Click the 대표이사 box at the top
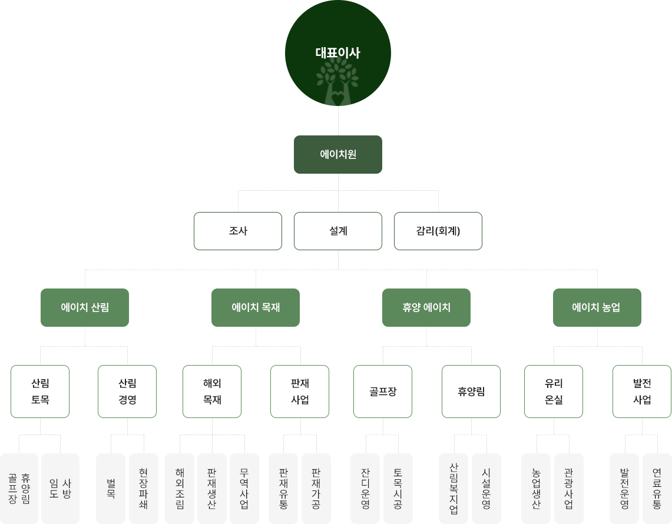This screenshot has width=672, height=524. pyautogui.click(x=337, y=35)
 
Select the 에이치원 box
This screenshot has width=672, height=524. pyautogui.click(x=338, y=154)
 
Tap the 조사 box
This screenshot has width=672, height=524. pyautogui.click(x=238, y=231)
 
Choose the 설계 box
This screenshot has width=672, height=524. pyautogui.click(x=338, y=231)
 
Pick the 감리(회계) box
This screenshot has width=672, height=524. pyautogui.click(x=438, y=231)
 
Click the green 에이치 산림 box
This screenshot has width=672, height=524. pyautogui.click(x=84, y=307)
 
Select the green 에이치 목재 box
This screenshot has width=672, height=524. pyautogui.click(x=255, y=307)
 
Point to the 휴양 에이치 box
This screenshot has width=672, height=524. pyautogui.click(x=426, y=307)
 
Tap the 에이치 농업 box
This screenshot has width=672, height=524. pyautogui.click(x=597, y=307)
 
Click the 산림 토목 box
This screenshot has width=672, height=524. pyautogui.click(x=40, y=392)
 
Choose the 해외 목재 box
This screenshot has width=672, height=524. pyautogui.click(x=212, y=392)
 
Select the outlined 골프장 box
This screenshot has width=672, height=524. pyautogui.click(x=383, y=392)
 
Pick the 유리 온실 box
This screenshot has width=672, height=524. pyautogui.click(x=554, y=392)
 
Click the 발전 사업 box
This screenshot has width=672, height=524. pyautogui.click(x=642, y=392)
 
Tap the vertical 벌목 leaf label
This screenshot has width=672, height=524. pyautogui.click(x=111, y=488)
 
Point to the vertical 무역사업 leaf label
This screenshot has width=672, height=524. pyautogui.click(x=244, y=488)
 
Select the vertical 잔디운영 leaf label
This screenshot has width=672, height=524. pyautogui.click(x=365, y=488)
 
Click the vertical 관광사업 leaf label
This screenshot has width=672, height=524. pyautogui.click(x=568, y=488)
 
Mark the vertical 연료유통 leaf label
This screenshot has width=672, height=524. pyautogui.click(x=657, y=488)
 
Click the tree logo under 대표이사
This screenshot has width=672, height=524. pyautogui.click(x=337, y=82)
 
